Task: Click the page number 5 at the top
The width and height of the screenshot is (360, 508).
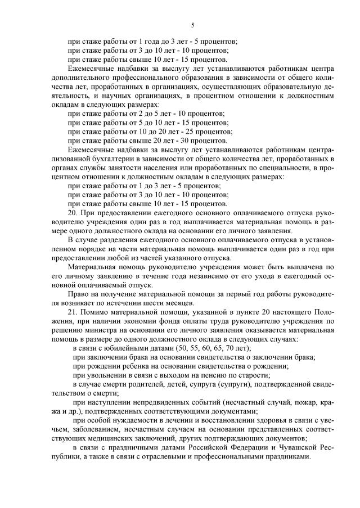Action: [192, 25]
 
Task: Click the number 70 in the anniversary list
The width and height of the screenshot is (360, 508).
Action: [226, 348]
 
